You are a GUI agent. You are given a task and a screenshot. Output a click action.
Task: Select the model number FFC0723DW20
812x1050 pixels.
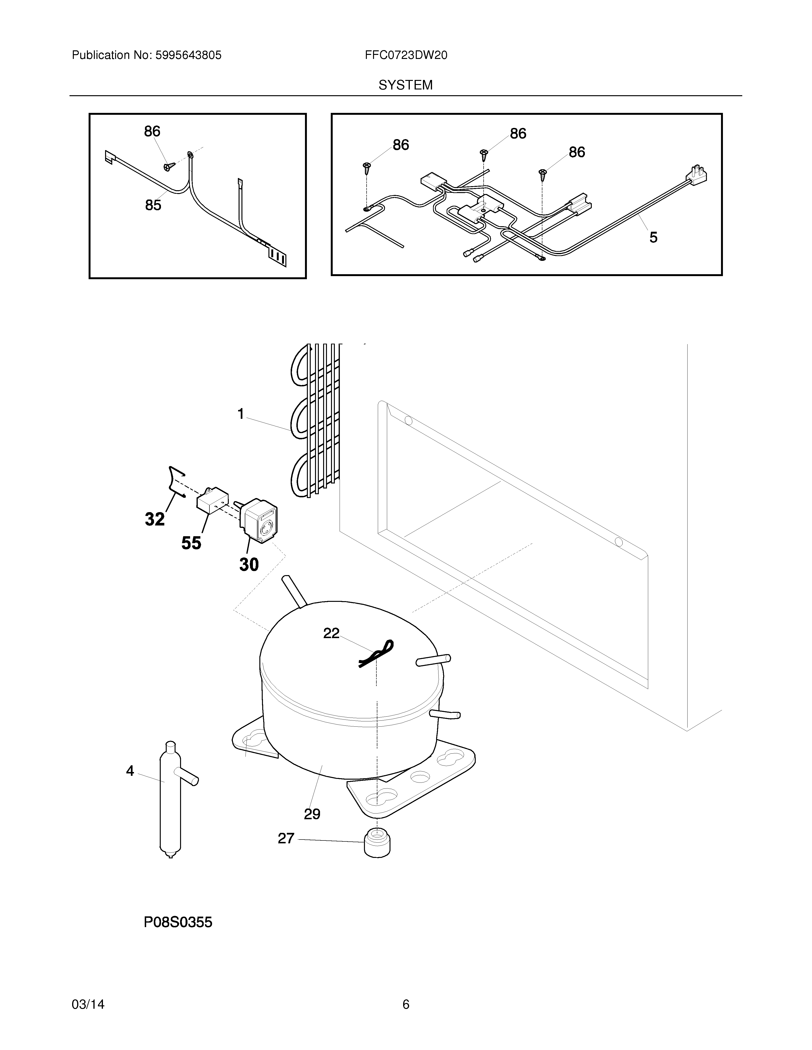[x=406, y=55]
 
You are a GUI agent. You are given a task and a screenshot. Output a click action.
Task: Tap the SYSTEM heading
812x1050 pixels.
[x=406, y=85]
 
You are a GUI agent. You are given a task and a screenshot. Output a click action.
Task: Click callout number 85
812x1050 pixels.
[x=153, y=205]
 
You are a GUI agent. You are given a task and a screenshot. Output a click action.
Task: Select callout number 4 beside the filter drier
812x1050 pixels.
[x=130, y=771]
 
